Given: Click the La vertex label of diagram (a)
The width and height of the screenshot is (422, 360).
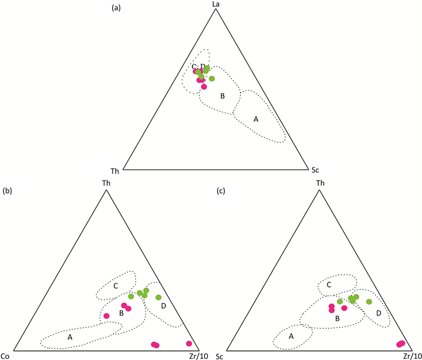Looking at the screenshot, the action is tap(214, 5).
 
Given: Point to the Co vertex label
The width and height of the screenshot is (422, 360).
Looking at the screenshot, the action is tap(6, 355).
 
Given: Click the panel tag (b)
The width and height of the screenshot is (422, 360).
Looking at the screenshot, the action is tap(7, 191).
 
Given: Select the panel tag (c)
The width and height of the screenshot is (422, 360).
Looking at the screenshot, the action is tap(221, 191).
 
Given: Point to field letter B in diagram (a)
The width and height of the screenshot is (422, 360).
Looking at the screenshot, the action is tap(223, 96).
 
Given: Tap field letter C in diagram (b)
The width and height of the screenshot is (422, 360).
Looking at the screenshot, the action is tap(116, 286).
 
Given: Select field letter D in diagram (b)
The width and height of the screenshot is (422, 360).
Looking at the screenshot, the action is tap(163, 306).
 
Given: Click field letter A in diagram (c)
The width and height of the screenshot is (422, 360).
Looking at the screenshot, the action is tap(291, 336).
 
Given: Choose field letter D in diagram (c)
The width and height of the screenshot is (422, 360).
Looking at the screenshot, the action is tap(379, 312).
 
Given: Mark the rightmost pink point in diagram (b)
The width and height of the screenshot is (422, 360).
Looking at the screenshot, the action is tap(189, 344).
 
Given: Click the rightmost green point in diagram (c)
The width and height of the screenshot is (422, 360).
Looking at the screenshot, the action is tap(369, 302).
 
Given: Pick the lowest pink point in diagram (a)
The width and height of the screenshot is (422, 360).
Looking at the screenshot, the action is tap(204, 87).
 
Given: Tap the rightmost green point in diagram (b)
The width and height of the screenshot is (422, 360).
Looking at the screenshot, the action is tap(159, 297).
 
